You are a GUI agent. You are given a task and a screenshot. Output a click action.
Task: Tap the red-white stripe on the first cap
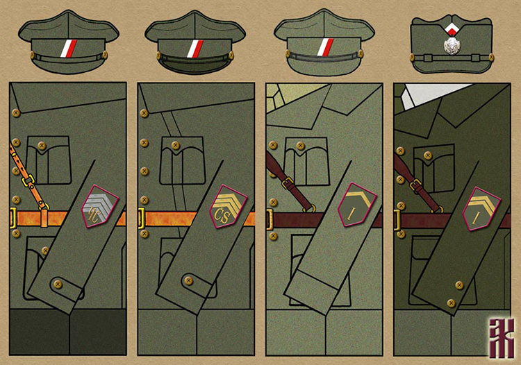click(68, 49)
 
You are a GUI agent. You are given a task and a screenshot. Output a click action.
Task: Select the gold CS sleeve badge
click(228, 207)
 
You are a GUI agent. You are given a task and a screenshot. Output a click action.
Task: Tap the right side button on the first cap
click(105, 54)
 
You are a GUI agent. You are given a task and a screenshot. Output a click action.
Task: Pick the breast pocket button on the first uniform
click(40, 144)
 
